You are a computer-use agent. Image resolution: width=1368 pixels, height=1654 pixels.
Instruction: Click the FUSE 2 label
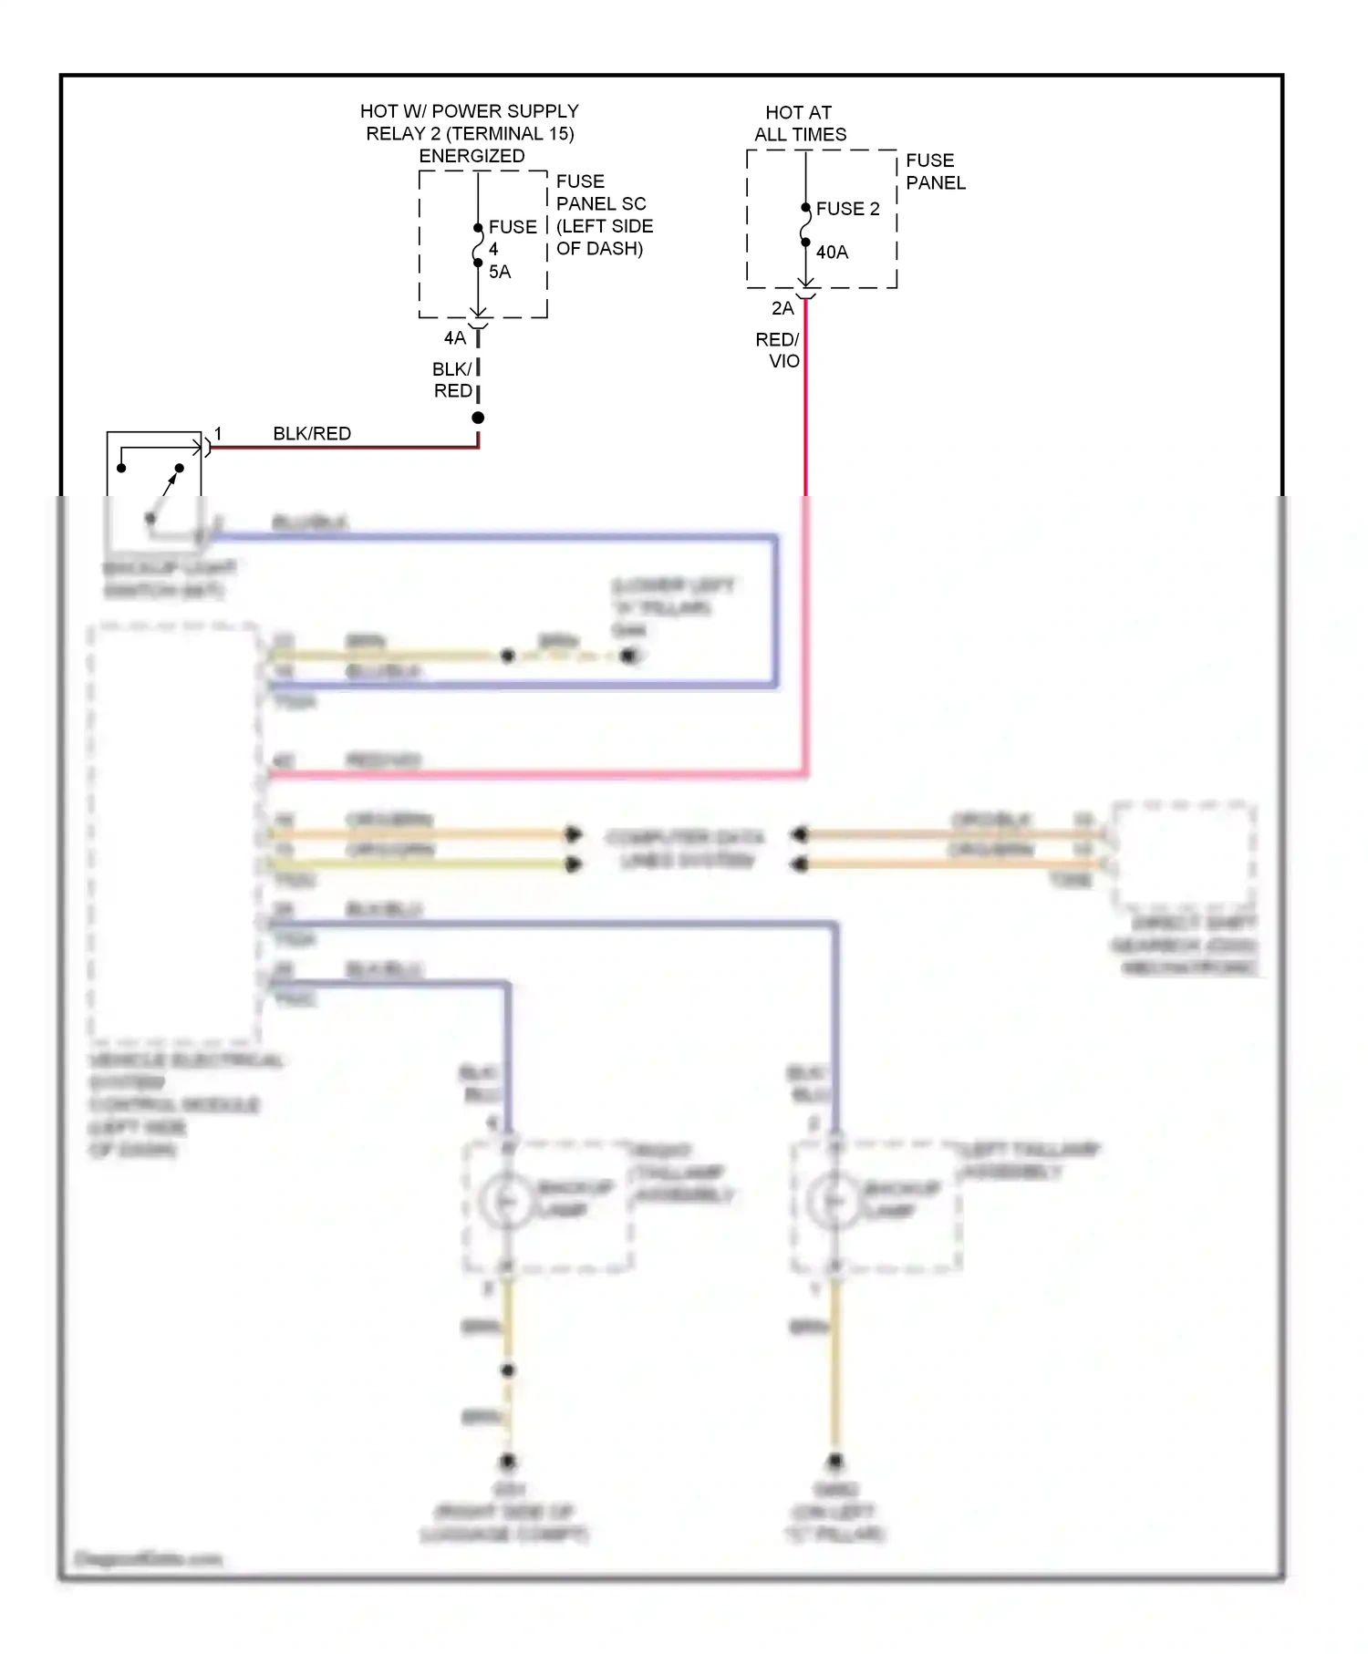[847, 209]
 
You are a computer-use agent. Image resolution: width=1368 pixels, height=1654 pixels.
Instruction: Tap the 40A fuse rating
[831, 253]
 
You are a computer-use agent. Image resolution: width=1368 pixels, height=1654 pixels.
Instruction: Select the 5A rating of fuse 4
[499, 272]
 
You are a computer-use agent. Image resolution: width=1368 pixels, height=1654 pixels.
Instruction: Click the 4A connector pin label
[454, 338]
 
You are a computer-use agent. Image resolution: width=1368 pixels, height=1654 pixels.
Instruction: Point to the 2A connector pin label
[782, 308]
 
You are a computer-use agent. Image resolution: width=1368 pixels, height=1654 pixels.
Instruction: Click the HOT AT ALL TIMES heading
[799, 123]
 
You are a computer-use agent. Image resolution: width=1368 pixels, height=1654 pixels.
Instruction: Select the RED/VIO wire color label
[778, 350]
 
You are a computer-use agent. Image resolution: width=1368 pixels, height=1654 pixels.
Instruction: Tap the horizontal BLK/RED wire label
[312, 434]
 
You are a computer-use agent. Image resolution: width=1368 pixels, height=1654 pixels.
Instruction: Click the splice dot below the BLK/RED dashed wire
[478, 418]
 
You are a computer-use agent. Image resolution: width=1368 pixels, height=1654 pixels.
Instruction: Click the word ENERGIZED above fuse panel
[472, 156]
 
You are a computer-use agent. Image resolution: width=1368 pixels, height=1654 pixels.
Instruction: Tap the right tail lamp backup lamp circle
[506, 1202]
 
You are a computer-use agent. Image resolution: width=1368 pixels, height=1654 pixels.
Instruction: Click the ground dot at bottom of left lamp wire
[834, 1461]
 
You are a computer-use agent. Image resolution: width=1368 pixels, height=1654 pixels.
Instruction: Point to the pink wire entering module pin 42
[529, 775]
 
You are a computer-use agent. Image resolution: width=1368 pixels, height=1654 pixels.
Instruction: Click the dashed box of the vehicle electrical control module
[173, 834]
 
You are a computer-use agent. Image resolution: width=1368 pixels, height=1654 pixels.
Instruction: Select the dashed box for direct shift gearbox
[1183, 852]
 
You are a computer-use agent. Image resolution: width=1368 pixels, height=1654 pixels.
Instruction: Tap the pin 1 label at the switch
[218, 434]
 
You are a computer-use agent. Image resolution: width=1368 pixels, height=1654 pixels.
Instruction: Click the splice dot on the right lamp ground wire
[508, 1370]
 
